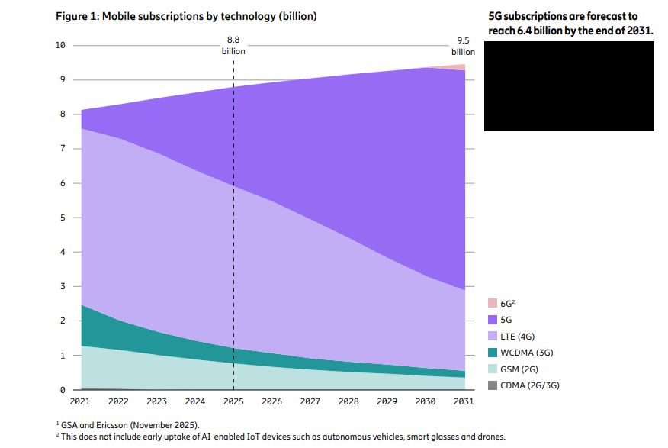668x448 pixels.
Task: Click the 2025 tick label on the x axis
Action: click(233, 401)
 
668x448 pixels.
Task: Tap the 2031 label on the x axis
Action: click(464, 401)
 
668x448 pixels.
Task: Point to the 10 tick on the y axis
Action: click(59, 46)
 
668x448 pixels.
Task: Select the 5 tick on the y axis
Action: click(63, 218)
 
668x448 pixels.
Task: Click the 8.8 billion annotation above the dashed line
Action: click(233, 45)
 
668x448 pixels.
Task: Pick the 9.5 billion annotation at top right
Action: click(464, 45)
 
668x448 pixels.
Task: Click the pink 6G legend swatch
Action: click(492, 303)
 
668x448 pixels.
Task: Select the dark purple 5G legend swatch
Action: click(492, 320)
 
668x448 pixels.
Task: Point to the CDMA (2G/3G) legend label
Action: click(530, 385)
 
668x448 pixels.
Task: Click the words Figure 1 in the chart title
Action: click(78, 16)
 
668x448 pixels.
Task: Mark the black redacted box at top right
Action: click(569, 86)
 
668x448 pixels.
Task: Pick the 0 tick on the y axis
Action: click(63, 390)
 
